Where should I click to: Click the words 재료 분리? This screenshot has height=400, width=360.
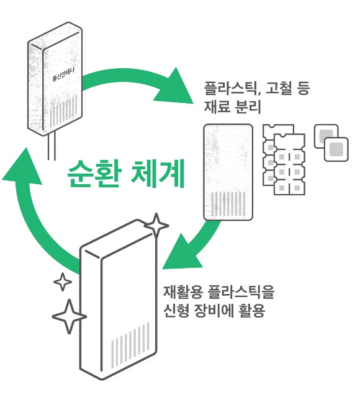[232, 106]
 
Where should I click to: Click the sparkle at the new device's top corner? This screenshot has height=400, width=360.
[156, 226]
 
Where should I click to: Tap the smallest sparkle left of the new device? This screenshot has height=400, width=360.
[62, 282]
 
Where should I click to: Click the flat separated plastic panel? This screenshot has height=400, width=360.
[228, 171]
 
